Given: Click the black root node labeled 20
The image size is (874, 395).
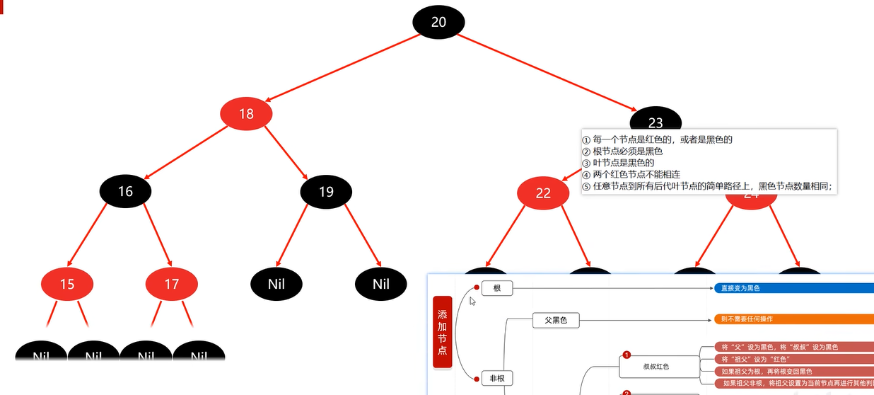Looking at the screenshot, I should (438, 22).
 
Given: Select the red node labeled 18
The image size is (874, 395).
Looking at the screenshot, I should (246, 113).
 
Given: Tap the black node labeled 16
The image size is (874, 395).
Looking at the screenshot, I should (125, 191).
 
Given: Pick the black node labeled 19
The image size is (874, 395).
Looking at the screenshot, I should (326, 191).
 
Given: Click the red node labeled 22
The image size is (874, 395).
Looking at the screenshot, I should (542, 193).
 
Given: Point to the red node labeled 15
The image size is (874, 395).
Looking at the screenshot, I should (67, 285).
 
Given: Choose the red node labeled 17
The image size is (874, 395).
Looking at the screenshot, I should (172, 285).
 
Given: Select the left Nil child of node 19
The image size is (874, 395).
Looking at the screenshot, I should (276, 285).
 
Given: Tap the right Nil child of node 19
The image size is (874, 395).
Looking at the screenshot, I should (381, 285).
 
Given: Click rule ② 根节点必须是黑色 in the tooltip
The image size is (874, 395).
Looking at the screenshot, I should (622, 151).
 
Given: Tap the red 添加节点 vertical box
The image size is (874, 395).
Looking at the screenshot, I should (442, 332).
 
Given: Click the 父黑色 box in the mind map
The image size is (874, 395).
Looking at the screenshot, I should (555, 321).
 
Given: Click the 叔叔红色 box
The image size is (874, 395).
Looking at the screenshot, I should (655, 367).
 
